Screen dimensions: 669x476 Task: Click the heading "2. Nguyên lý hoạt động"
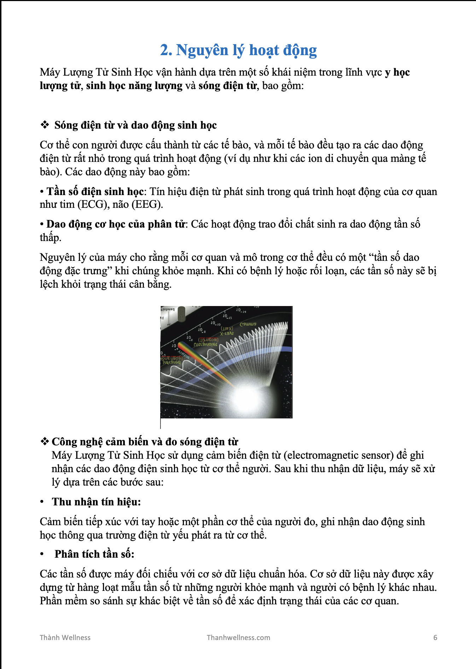238,50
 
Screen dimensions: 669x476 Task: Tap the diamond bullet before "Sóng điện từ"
45,125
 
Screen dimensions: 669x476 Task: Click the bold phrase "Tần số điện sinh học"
95,192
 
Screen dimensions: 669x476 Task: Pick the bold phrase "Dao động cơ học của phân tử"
116,224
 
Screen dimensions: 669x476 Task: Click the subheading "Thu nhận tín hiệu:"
96,502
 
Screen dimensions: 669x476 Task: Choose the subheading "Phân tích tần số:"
94,554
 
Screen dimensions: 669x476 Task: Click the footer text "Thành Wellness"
65,638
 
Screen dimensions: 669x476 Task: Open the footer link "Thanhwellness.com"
238,638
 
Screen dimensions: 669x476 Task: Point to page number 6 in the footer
435,638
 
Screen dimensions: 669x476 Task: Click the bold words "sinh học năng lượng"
134,86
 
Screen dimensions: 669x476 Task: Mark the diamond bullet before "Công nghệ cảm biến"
45,441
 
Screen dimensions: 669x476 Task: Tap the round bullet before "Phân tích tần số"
42,554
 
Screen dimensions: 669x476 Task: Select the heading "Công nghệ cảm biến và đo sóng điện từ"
145,442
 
